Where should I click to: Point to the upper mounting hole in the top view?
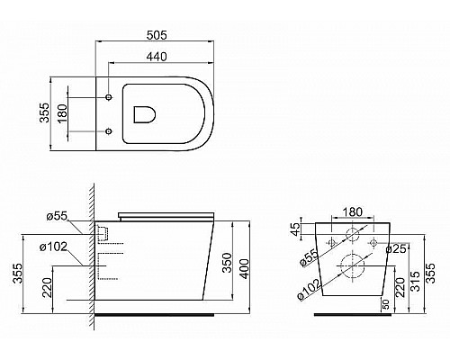click(x=109, y=94)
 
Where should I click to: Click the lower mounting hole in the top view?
click(x=109, y=130)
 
